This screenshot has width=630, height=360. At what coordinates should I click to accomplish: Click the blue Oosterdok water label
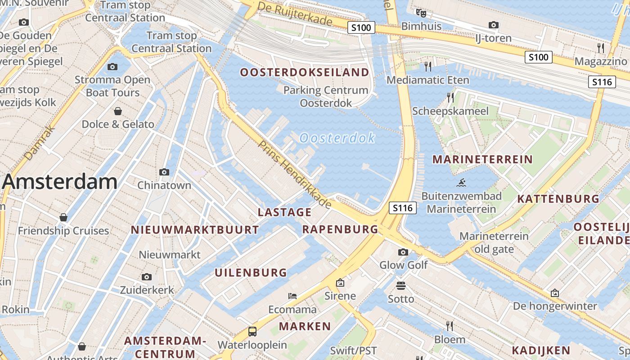[337, 138]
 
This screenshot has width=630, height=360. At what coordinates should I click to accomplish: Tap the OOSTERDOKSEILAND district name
[305, 72]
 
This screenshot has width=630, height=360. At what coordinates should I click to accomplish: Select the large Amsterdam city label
[60, 182]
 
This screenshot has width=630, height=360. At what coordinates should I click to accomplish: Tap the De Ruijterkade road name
[295, 14]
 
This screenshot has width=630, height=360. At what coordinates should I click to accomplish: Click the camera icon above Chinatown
[164, 172]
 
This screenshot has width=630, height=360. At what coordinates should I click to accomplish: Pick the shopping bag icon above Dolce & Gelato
[118, 111]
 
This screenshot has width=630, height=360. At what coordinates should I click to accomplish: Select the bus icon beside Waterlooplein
[252, 332]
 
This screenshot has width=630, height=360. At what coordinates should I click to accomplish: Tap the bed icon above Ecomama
[292, 296]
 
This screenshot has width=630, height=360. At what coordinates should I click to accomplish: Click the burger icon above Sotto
[401, 285]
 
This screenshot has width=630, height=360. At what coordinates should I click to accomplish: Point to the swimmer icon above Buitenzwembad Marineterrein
[461, 183]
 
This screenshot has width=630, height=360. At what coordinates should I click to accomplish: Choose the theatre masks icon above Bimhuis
[421, 13]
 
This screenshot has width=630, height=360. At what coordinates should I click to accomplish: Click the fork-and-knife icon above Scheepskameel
[450, 97]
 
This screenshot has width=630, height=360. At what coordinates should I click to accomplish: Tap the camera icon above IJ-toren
[494, 25]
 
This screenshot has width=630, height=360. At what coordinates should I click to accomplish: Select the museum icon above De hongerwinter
[555, 293]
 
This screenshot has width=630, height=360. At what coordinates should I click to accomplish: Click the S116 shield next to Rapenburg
[402, 208]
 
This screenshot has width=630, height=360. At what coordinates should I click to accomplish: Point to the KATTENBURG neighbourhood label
[558, 199]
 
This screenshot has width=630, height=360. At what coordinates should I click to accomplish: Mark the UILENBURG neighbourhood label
[251, 272]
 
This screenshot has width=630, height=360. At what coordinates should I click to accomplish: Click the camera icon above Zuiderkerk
[147, 277]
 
